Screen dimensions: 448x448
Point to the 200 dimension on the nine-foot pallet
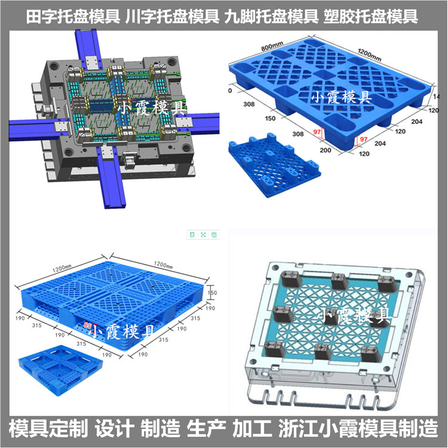pyautogui.click(x=326, y=149)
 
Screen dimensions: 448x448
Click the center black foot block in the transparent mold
pyautogui.click(x=339, y=315)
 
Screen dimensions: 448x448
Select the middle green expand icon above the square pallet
pyautogui.click(x=203, y=235)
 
